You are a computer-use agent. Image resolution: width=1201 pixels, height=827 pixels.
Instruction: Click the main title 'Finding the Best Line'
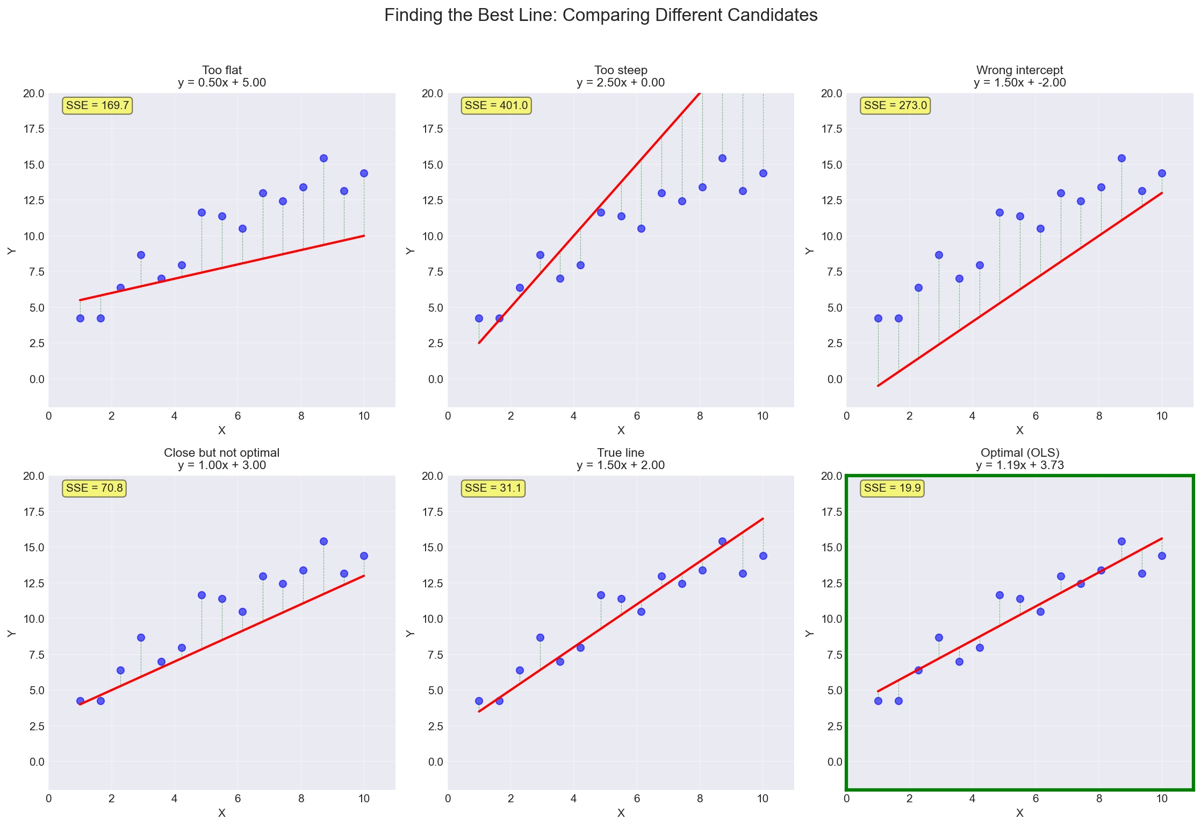tap(600, 16)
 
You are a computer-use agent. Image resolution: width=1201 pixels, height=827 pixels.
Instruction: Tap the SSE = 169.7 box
tap(97, 105)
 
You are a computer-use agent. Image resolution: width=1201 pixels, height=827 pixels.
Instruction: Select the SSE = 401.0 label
tap(496, 105)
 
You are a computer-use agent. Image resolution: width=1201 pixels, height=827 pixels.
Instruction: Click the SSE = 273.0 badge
tap(895, 105)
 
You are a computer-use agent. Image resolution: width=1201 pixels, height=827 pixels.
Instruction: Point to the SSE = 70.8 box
tap(94, 488)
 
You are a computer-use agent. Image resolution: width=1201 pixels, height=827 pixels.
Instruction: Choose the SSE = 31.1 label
tap(493, 488)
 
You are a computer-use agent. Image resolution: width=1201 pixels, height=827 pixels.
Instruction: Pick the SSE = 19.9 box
tap(892, 488)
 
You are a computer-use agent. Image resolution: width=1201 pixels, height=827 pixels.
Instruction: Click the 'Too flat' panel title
tap(222, 70)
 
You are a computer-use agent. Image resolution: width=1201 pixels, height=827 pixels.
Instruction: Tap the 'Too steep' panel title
tap(621, 70)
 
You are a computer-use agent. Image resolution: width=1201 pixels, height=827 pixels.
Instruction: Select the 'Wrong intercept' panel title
tap(1019, 70)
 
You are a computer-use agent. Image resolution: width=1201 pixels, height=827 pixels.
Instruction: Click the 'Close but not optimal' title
tap(222, 453)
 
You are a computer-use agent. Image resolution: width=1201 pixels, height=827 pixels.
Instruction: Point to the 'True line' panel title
tap(621, 453)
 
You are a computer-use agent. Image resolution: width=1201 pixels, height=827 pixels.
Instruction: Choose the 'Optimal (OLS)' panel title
tap(1019, 453)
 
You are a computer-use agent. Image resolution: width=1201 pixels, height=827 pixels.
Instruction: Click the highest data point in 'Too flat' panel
tap(323, 158)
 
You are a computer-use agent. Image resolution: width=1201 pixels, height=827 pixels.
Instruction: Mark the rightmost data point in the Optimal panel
tap(1162, 556)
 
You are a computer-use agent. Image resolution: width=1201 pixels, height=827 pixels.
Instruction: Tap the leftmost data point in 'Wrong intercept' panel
tap(878, 318)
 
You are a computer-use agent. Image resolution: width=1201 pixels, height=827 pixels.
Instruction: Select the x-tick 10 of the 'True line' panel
tap(763, 799)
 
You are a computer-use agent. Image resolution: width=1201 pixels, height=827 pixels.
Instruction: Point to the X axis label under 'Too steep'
tap(621, 430)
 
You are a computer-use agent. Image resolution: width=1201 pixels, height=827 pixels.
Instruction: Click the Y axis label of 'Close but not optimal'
tap(11, 633)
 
